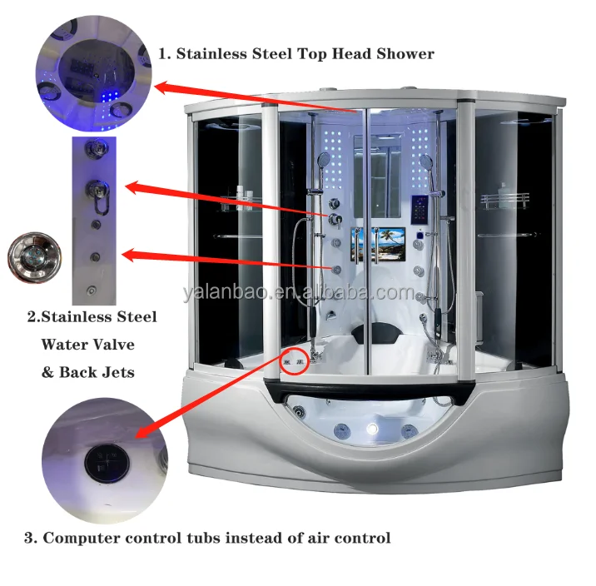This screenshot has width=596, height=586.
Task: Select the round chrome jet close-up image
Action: [x=27, y=257]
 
